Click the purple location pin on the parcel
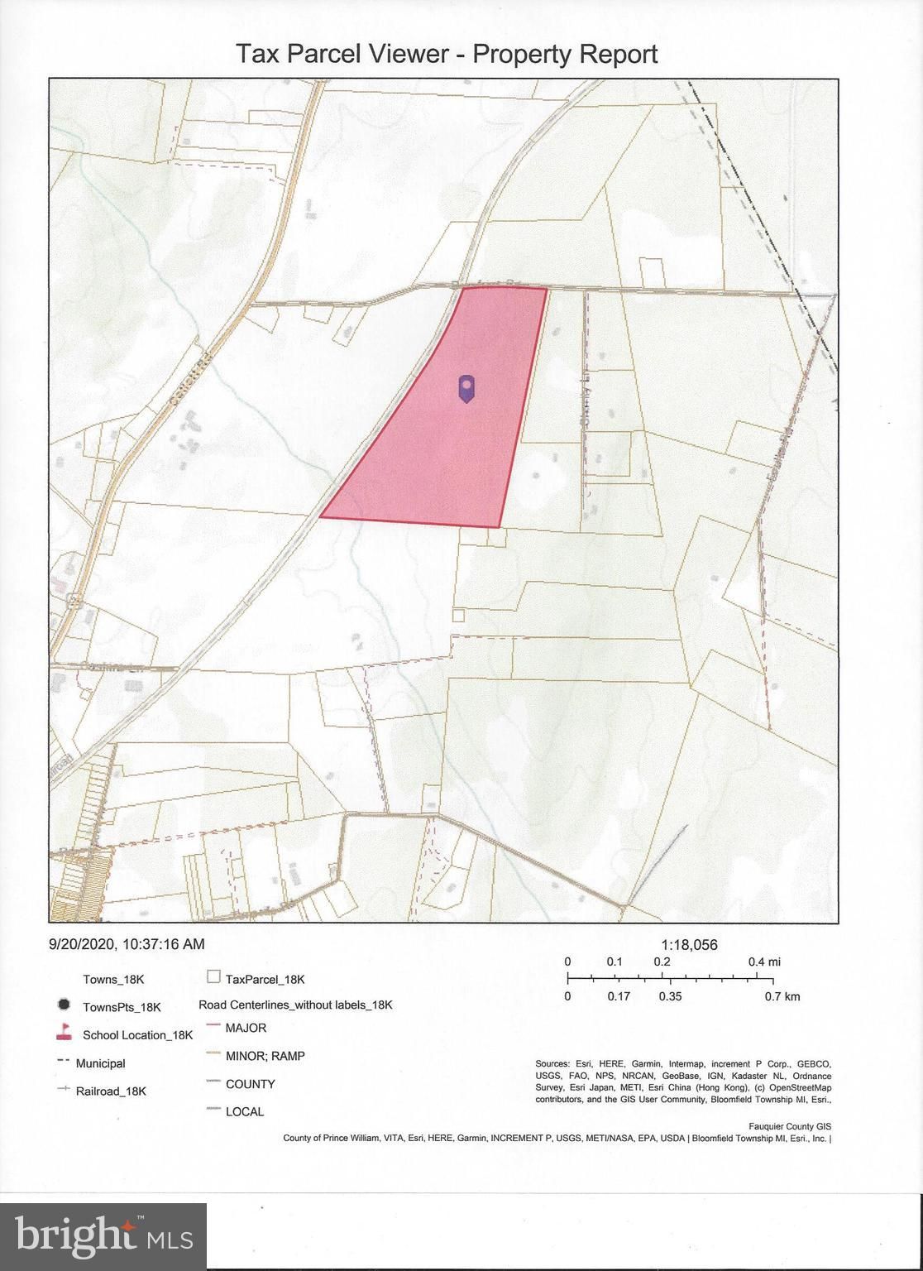click(x=467, y=388)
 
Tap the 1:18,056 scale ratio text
click(x=689, y=944)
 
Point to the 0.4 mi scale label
click(x=764, y=962)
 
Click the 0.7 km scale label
click(x=782, y=996)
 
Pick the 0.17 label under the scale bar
click(x=619, y=996)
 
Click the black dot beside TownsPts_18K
click(x=63, y=1006)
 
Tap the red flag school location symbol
click(x=63, y=1033)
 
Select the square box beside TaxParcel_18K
click(x=213, y=977)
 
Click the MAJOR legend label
click(x=246, y=1028)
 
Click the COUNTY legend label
click(x=250, y=1084)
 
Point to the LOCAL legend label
click(x=245, y=1111)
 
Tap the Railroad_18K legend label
click(x=111, y=1091)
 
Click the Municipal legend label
click(x=100, y=1063)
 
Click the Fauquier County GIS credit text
click(x=789, y=1126)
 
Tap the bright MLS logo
click(x=103, y=1236)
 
